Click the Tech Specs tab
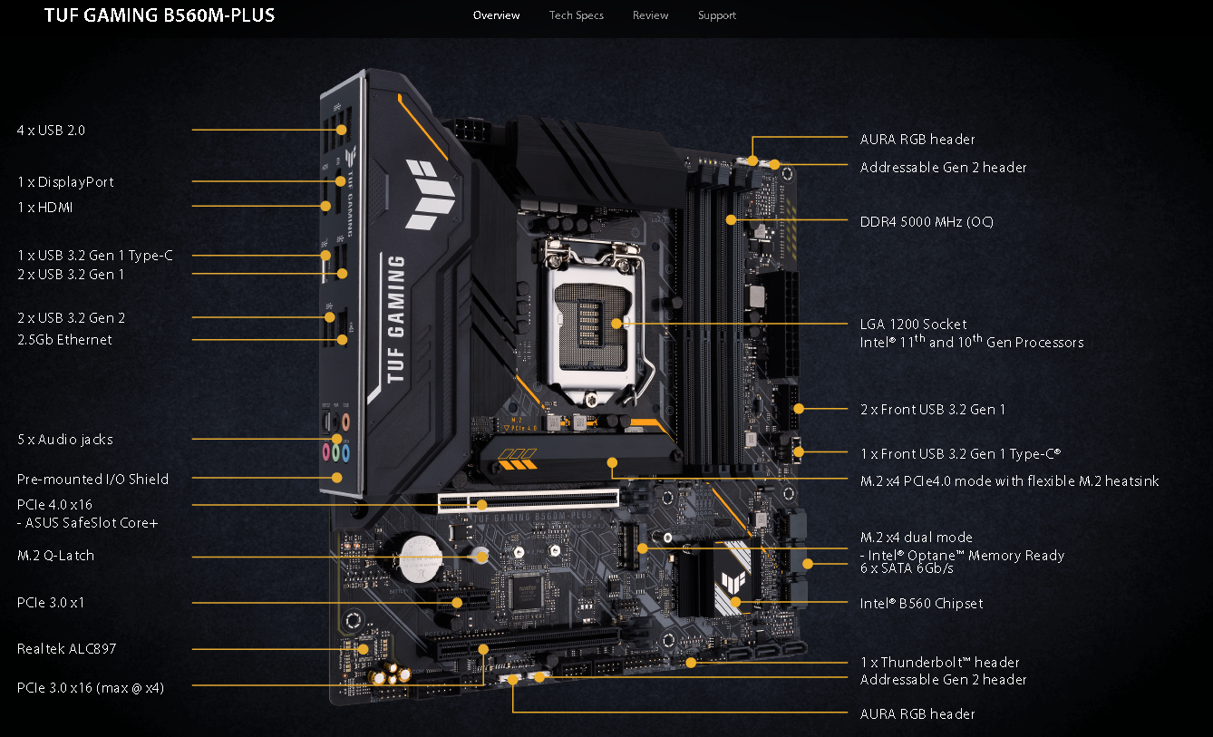576,15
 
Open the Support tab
716,15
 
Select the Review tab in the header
650,15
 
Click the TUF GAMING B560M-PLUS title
160,15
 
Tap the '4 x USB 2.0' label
51,131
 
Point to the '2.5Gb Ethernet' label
64,340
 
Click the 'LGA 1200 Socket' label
913,324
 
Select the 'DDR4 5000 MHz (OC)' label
926,221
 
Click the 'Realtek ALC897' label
66,649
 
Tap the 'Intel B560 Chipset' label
921,603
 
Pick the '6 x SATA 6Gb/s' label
907,568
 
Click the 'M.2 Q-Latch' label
55,556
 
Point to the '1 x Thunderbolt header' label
939,663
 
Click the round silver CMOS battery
421,552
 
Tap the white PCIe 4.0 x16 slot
529,500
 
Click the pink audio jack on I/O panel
325,450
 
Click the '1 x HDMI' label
45,208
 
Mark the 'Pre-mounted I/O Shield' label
92,480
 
